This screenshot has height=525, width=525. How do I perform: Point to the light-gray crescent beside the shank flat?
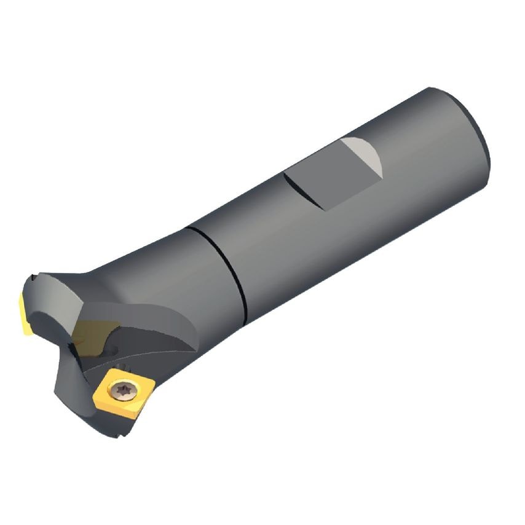[364, 153]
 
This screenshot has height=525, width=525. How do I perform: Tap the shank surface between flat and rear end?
[424, 148]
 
